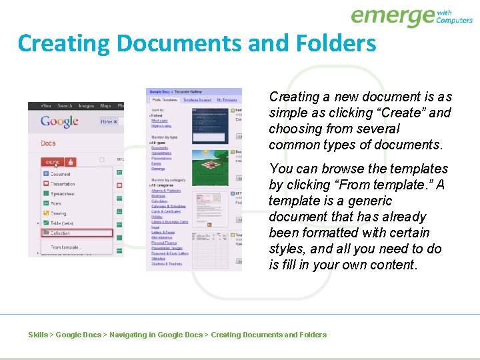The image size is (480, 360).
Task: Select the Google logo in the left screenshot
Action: (59, 122)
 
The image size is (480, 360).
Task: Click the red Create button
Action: (53, 162)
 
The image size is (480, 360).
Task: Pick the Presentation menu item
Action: (63, 184)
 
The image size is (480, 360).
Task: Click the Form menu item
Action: (56, 204)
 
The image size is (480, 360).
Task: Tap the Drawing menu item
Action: (59, 213)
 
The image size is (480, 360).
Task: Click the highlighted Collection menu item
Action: (61, 233)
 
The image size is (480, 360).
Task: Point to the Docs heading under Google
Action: (48, 143)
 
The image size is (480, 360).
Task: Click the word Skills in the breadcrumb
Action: (38, 335)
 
